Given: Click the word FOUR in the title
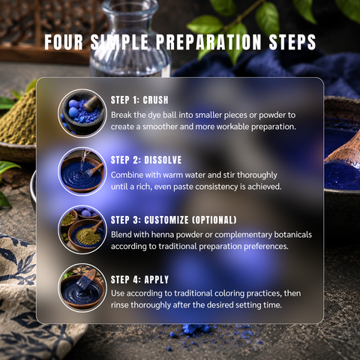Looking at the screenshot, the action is [64, 42].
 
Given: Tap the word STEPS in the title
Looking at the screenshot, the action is [292, 42].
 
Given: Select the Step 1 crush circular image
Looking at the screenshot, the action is [82, 113].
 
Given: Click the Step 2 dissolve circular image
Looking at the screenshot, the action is [82, 172].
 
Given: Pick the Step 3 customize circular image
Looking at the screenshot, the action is [82, 229].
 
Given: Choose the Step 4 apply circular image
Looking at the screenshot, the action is [82, 288].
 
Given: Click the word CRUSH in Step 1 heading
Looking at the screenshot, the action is [155, 100].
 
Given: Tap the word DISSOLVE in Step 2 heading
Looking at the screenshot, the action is [163, 160].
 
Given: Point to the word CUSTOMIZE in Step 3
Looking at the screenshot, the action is [166, 220].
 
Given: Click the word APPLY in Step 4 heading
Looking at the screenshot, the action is [157, 280].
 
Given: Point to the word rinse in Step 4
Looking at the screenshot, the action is [119, 305].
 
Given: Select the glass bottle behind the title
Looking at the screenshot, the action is [130, 37].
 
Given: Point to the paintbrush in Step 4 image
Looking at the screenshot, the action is [85, 279].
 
